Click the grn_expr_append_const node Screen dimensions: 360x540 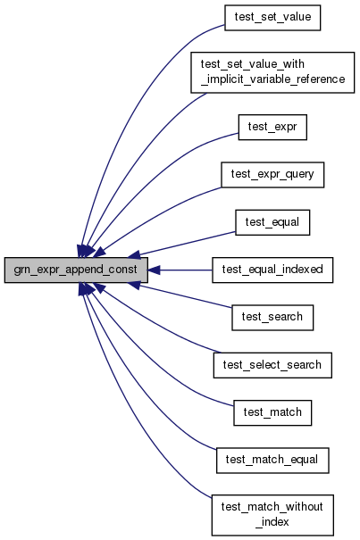(76, 270)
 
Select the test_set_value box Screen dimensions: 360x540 (272, 18)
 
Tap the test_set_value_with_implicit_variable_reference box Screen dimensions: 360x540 (272, 72)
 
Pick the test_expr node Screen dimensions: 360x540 (272, 127)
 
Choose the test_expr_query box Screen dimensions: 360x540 (272, 175)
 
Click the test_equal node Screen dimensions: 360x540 (272, 222)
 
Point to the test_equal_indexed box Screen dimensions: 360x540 (272, 270)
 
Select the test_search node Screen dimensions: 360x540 (272, 318)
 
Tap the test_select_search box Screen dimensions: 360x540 (272, 365)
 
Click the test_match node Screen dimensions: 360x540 (272, 412)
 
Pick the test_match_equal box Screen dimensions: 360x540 (272, 460)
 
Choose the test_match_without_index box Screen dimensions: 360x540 (272, 515)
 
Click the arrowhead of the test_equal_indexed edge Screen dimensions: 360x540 (154, 270)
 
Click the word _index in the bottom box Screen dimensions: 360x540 (272, 522)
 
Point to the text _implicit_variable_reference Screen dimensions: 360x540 (272, 79)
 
